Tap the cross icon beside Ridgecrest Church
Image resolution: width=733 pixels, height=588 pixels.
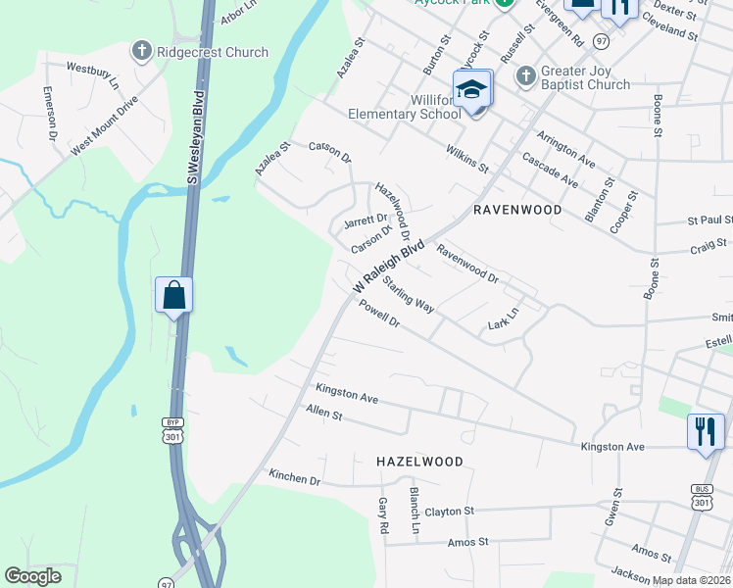(142, 51)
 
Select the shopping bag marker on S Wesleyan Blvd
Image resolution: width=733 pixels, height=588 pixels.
(173, 294)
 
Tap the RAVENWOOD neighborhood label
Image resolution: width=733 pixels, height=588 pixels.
(517, 210)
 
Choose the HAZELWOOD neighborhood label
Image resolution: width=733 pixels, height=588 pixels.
(419, 460)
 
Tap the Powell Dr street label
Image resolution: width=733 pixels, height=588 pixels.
(380, 316)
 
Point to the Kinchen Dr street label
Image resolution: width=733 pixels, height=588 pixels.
(295, 479)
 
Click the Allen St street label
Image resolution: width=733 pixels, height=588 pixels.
(323, 413)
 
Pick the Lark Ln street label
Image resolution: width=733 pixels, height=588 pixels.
(502, 321)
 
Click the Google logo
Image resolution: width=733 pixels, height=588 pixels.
(32, 576)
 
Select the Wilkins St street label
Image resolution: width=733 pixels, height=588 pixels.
(467, 158)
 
